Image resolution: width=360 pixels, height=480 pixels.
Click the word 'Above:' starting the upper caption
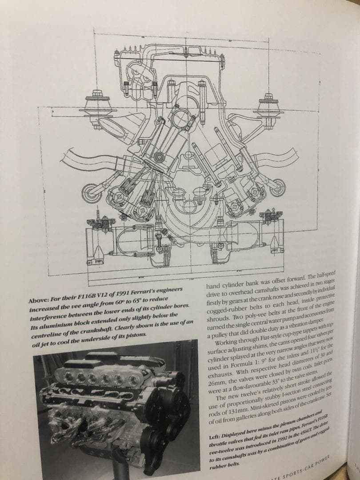coord(40,300)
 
